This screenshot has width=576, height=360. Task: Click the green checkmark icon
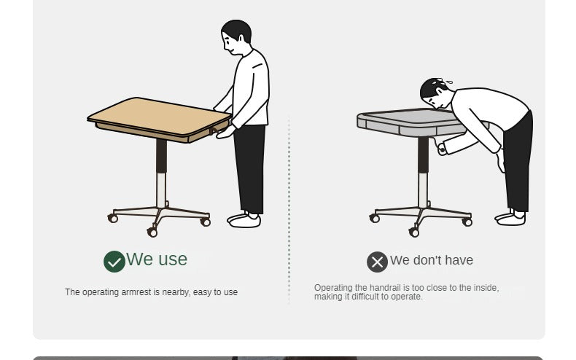pyautogui.click(x=114, y=262)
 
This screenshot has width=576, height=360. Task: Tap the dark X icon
pyautogui.click(x=377, y=262)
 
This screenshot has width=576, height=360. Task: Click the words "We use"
pyautogui.click(x=157, y=259)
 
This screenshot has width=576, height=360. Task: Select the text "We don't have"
pyautogui.click(x=431, y=260)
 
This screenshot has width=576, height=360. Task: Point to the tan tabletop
pyautogui.click(x=159, y=117)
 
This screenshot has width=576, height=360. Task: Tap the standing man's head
pyautogui.click(x=236, y=36)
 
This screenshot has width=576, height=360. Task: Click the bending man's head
pyautogui.click(x=434, y=93)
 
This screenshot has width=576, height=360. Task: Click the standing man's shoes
pyautogui.click(x=244, y=219)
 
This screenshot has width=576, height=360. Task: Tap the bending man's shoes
pyautogui.click(x=510, y=218)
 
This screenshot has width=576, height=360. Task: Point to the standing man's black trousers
pyautogui.click(x=249, y=168)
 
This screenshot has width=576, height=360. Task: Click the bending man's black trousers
pyautogui.click(x=518, y=162)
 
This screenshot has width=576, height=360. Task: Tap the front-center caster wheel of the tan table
pyautogui.click(x=152, y=232)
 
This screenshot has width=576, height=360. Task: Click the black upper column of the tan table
pyautogui.click(x=161, y=156)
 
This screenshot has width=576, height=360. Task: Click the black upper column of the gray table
pyautogui.click(x=423, y=155)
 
